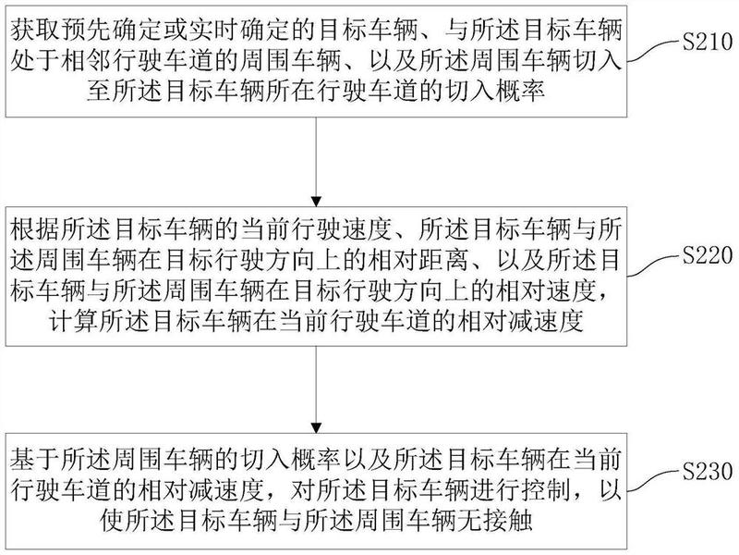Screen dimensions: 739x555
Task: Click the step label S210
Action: pos(708,43)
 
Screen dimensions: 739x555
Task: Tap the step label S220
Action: pos(708,256)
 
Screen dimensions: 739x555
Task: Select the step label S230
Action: pos(708,472)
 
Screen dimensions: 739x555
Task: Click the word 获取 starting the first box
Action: pos(35,31)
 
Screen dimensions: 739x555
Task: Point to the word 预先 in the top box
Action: pos(86,31)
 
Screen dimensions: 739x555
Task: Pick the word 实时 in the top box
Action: pos(213,31)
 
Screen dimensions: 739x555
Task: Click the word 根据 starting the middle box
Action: pos(35,230)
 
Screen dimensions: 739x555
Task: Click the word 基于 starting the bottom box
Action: pos(35,460)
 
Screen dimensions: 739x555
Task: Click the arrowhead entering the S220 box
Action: pos(316,201)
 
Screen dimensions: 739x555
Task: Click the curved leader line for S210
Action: pos(654,51)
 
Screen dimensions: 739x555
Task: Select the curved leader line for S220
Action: pos(654,265)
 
